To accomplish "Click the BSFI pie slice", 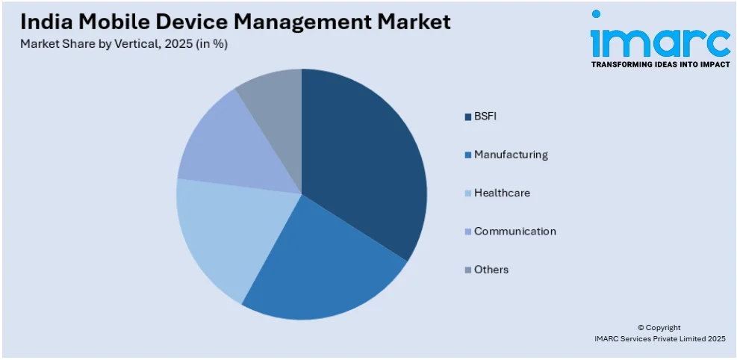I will click(x=362, y=164).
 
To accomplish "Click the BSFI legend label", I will click(x=485, y=117).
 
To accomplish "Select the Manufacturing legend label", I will click(x=511, y=155).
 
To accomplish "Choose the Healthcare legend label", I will click(x=502, y=193).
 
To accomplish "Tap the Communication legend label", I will click(x=514, y=232).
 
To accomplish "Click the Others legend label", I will click(x=491, y=270).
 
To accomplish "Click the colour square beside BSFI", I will click(x=467, y=117).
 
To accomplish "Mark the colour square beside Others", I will click(x=467, y=270).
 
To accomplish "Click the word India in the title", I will click(x=43, y=22).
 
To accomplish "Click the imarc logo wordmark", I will click(x=660, y=43).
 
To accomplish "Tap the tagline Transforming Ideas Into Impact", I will click(x=660, y=65).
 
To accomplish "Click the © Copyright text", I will click(x=659, y=327).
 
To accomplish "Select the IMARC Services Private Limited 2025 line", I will click(x=659, y=339).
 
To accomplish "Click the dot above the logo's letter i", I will click(x=596, y=14).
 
